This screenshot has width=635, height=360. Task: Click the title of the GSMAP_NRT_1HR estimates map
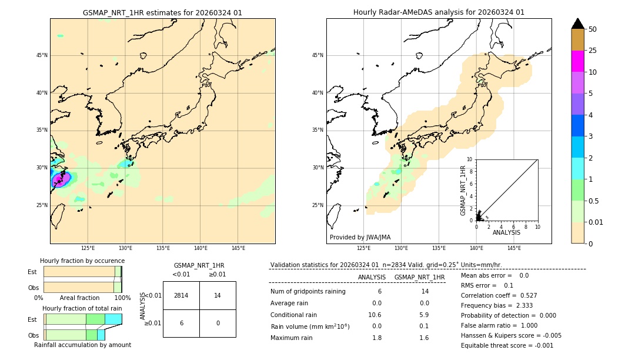tap(162, 12)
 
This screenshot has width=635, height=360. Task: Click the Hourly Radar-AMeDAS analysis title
tap(439, 12)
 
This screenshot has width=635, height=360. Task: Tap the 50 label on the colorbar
tap(593, 29)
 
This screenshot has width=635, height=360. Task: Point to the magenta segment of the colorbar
tap(578, 61)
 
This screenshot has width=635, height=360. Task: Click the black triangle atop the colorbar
tap(578, 24)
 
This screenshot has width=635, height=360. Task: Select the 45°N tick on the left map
tap(42, 55)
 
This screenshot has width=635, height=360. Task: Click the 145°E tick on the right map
tap(514, 248)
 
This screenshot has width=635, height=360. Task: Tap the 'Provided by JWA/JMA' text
tap(360, 237)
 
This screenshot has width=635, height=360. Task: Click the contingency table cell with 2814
tap(181, 295)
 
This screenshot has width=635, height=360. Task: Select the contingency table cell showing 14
tap(218, 295)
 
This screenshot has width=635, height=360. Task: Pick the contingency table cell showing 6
tap(181, 323)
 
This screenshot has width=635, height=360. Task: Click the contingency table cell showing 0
tap(218, 323)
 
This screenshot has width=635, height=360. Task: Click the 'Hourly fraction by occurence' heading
tap(82, 261)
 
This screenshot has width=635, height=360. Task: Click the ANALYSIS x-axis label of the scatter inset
tap(506, 232)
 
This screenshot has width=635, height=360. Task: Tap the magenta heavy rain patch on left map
tap(61, 178)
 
